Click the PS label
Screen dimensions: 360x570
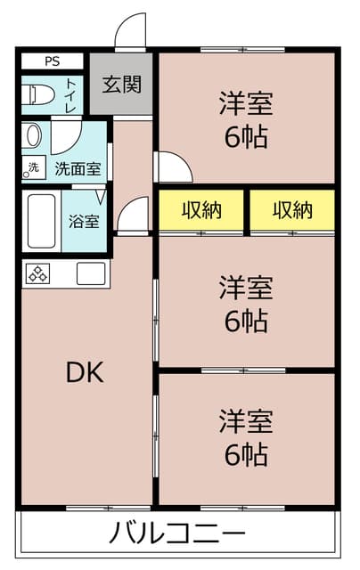coord(53,61)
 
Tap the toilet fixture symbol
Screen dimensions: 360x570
coord(37,94)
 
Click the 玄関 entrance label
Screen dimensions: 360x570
coord(121,85)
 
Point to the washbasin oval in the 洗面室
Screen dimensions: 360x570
coord(32,135)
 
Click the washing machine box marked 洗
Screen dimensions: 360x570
coord(34,167)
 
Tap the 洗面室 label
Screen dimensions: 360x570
coord(78,169)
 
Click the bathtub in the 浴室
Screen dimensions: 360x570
coord(42,221)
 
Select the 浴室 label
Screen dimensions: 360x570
coord(84,222)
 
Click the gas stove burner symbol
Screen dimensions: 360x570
coord(37,273)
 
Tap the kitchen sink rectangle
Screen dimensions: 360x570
coord(91,273)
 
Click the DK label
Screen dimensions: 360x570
coord(85,372)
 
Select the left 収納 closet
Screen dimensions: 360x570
coord(201,210)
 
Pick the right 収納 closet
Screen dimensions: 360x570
coord(292,210)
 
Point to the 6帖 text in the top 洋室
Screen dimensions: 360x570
coord(246,137)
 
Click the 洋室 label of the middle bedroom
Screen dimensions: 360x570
coord(246,288)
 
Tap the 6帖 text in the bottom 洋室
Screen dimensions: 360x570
coord(246,455)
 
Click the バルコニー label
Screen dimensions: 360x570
coord(177,533)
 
